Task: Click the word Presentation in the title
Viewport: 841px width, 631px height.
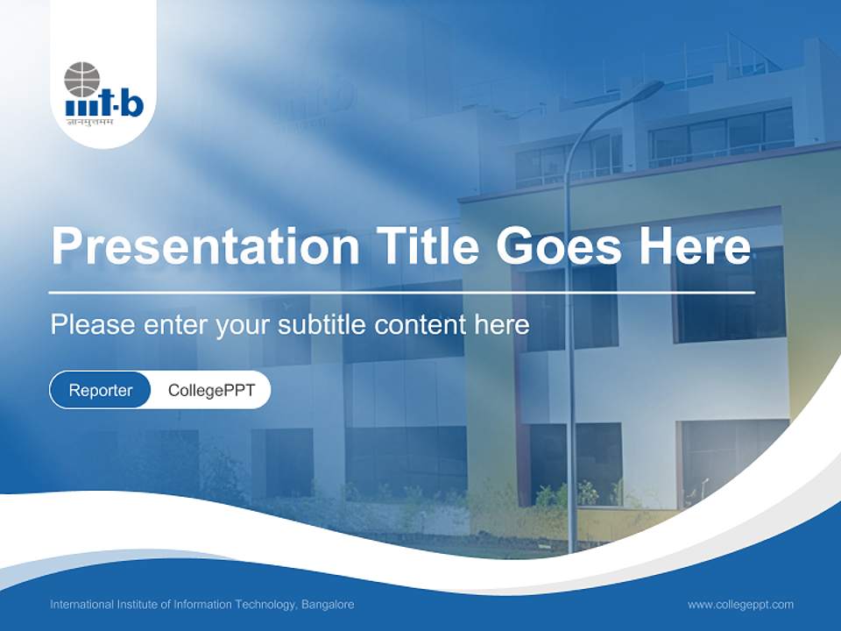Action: point(205,245)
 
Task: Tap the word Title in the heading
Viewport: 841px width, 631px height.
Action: point(427,245)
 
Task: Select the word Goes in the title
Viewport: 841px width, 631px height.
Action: point(558,245)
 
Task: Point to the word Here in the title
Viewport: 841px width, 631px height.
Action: point(695,245)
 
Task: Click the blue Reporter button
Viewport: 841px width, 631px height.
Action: point(100,390)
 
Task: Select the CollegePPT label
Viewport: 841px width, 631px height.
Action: point(211,390)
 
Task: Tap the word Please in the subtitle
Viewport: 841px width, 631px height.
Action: point(93,324)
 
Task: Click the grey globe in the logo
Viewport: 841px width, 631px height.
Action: point(82,80)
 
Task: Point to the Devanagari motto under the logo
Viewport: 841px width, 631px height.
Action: point(90,122)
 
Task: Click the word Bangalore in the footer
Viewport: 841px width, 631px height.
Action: point(328,605)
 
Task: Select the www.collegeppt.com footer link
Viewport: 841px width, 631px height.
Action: point(741,605)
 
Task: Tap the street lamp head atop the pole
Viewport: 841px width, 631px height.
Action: point(649,87)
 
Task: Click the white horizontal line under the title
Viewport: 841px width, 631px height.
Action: point(402,293)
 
